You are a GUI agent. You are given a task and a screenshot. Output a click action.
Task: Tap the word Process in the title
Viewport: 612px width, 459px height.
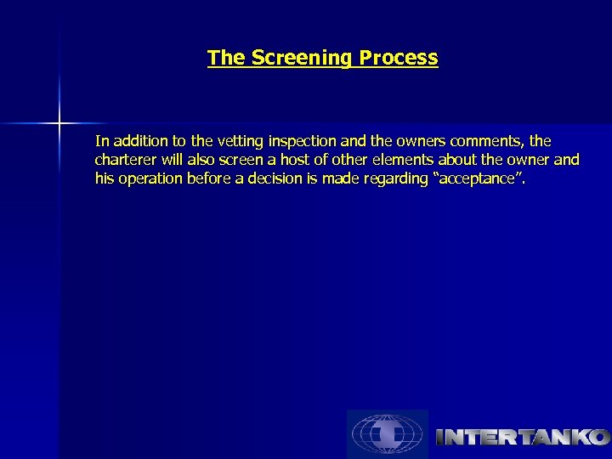(399, 59)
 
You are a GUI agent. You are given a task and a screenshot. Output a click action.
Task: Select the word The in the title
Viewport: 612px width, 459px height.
(225, 59)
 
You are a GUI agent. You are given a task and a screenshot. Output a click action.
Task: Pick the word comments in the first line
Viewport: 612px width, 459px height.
(490, 140)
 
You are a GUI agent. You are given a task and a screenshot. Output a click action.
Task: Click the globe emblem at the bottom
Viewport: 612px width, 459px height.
(387, 434)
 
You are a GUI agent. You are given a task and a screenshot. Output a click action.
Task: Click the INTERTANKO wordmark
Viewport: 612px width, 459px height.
(522, 438)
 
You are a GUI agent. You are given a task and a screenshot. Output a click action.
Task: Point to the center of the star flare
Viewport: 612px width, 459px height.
(59, 124)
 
